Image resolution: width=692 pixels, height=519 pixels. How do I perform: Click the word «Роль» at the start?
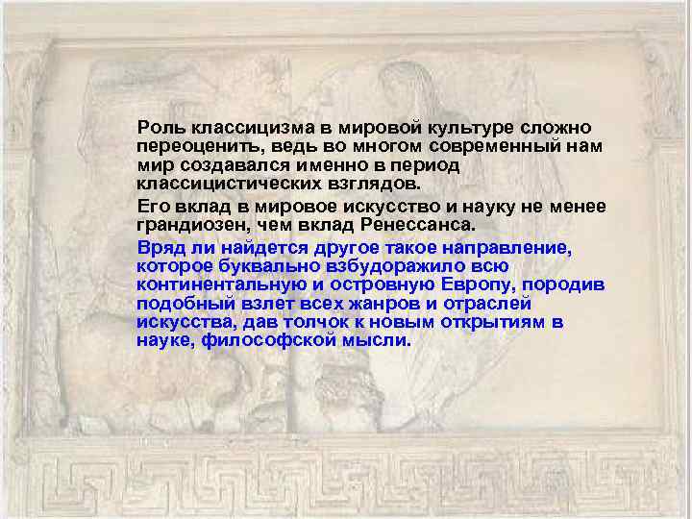(x=158, y=128)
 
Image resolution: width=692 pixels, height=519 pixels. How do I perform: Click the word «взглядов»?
(x=375, y=183)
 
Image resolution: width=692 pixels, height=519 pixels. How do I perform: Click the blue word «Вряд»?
(x=157, y=248)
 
